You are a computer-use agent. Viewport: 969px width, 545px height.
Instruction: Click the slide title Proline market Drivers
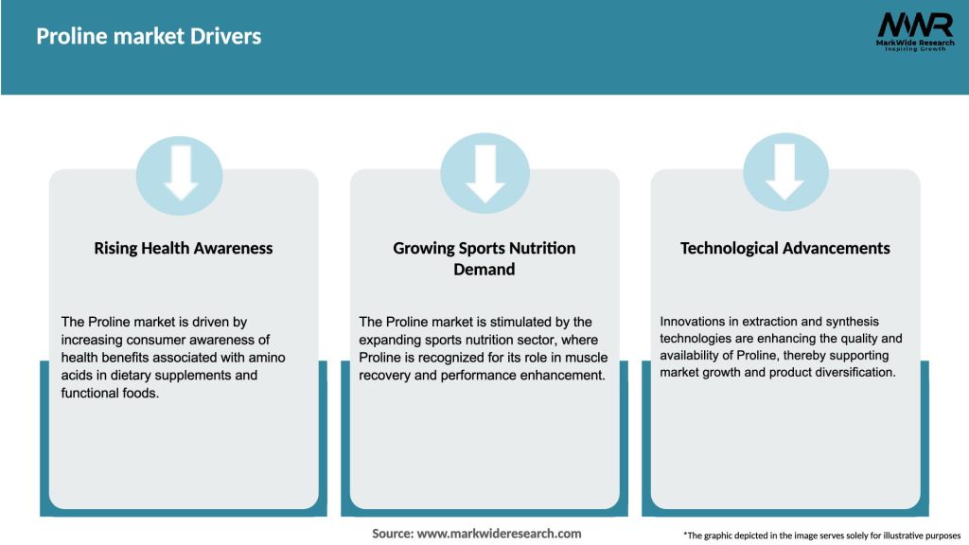pyautogui.click(x=149, y=37)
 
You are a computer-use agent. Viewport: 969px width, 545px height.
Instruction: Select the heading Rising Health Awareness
pyautogui.click(x=184, y=249)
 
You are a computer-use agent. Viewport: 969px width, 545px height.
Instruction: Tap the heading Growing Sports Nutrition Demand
pyautogui.click(x=484, y=258)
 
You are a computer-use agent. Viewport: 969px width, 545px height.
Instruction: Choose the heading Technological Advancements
pyautogui.click(x=785, y=249)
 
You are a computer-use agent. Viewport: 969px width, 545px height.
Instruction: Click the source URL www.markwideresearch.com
pyautogui.click(x=499, y=534)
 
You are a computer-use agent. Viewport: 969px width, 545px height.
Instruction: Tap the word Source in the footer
pyautogui.click(x=392, y=534)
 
